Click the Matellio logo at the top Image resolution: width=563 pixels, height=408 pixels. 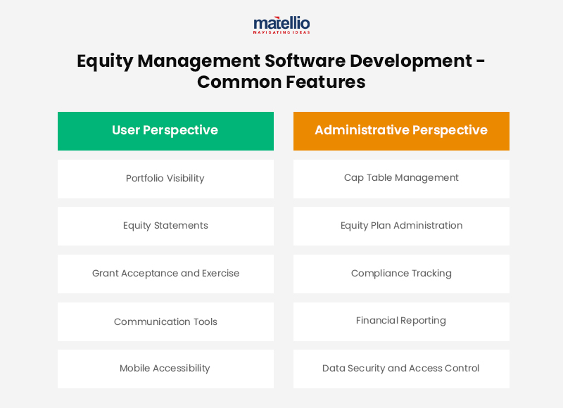[281, 23]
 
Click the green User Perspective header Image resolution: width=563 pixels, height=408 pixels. [165, 131]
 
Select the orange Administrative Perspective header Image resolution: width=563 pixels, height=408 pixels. [401, 131]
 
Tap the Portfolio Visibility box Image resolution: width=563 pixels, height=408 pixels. [165, 179]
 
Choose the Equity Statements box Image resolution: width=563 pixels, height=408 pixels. [165, 226]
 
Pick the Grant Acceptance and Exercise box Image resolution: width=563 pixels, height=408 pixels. [165, 274]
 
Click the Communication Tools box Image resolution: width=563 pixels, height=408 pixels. [165, 321]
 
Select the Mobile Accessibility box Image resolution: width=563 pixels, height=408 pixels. [165, 369]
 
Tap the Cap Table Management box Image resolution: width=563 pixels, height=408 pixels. [401, 179]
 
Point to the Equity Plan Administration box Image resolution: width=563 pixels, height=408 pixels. [401, 226]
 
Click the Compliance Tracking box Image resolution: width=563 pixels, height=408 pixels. [401, 274]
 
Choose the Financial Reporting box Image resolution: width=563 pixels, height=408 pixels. [401, 321]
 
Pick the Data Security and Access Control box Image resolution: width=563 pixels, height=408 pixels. [401, 369]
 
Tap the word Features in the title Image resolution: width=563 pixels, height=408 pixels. [325, 82]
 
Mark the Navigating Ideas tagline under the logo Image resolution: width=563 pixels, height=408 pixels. [281, 32]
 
